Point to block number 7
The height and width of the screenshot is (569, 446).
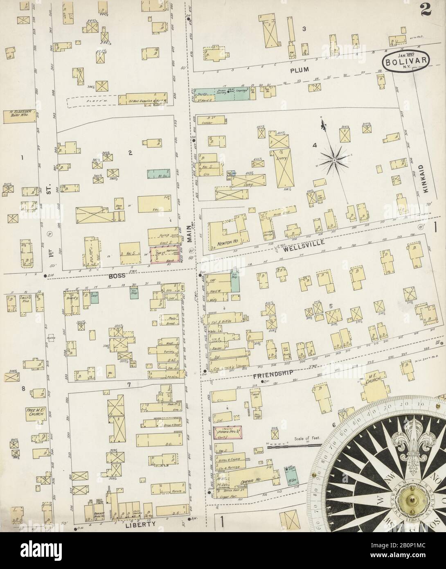click(128, 384)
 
